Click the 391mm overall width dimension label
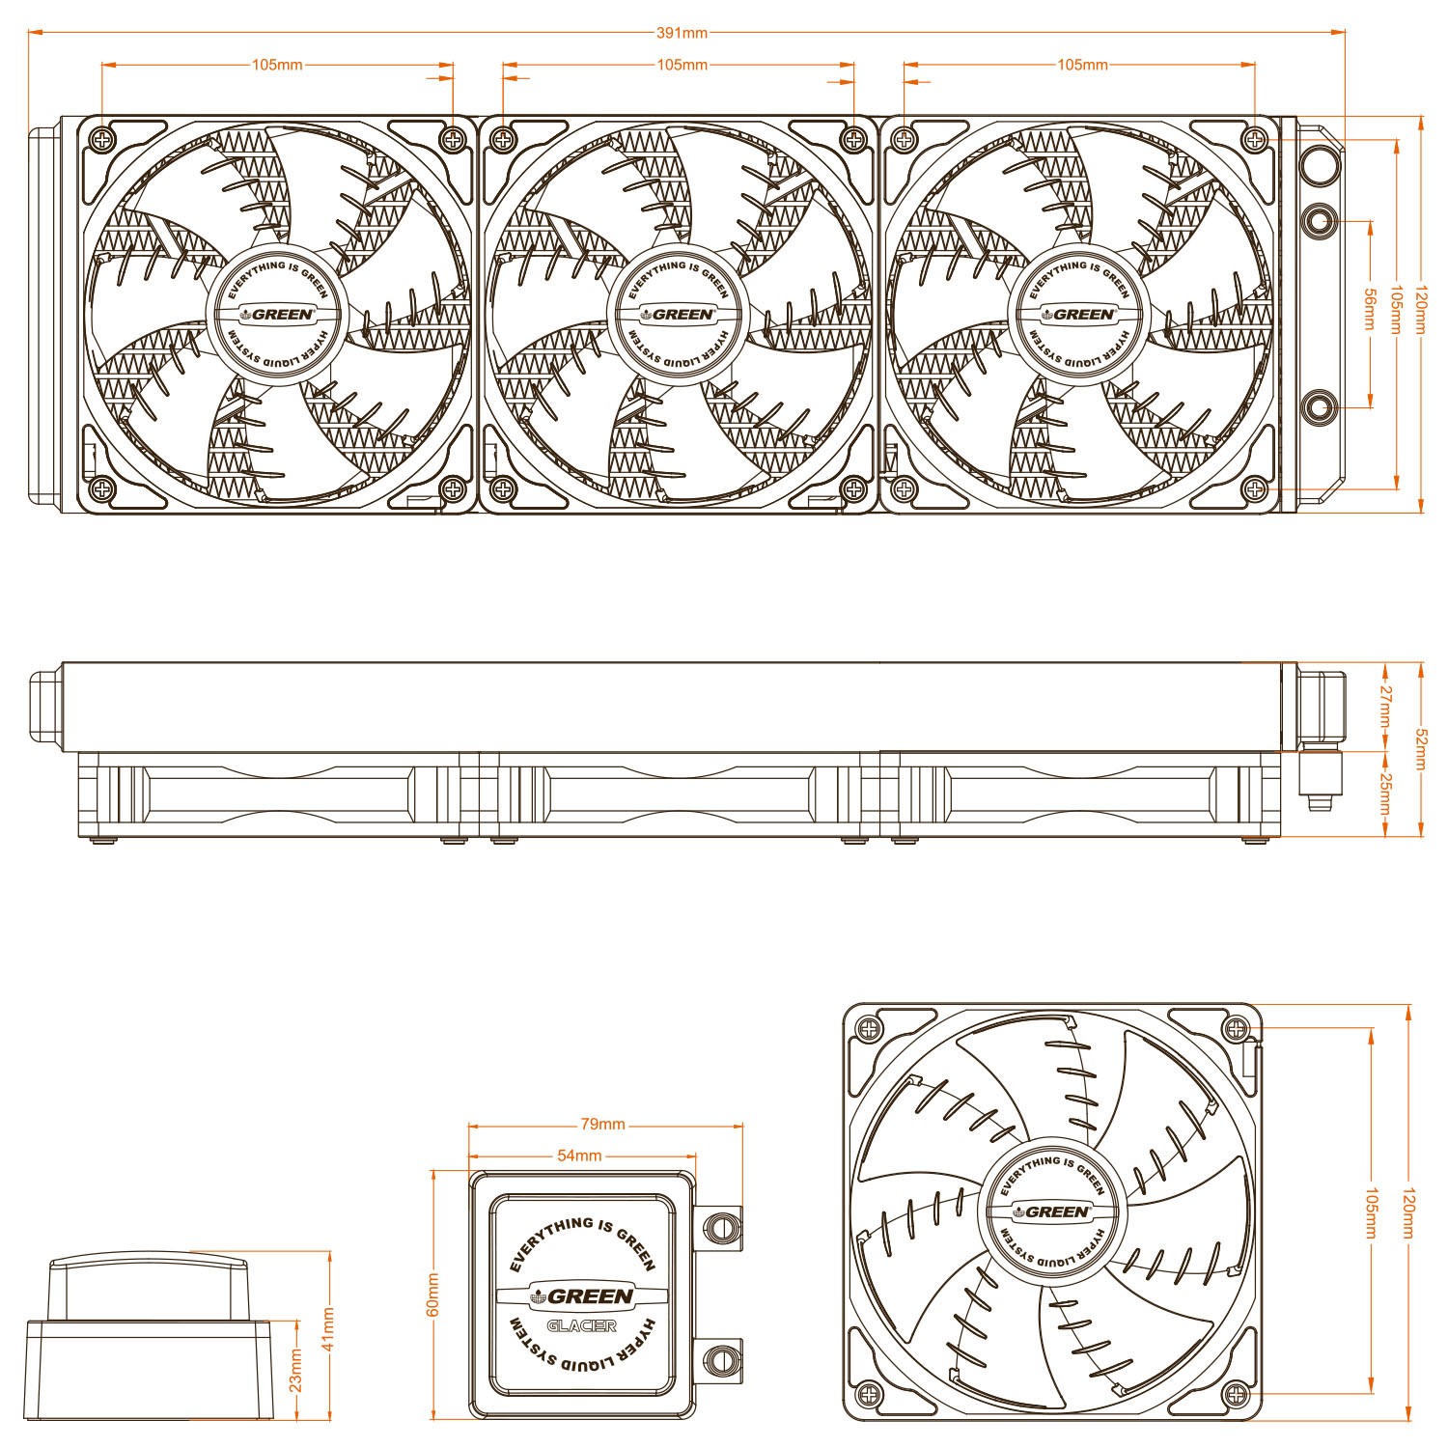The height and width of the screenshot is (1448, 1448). [x=682, y=33]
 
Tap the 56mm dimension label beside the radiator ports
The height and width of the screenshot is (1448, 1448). [x=1369, y=309]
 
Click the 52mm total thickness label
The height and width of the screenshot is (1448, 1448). [x=1421, y=750]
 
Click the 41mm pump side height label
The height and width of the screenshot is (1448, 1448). [x=329, y=1329]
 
